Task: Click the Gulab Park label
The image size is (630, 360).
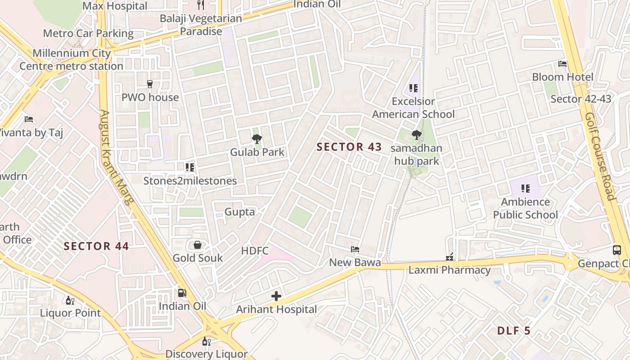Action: pos(257,152)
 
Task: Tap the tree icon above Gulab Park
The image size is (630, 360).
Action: pos(257,139)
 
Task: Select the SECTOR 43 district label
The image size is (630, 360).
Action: pos(349,147)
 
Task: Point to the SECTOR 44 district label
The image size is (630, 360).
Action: pos(96,246)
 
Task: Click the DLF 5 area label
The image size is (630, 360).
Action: pos(514,331)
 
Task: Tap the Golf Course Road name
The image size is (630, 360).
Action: pos(599,156)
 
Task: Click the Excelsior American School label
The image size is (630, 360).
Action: pos(413,108)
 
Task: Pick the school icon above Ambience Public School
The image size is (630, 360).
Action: pos(525,189)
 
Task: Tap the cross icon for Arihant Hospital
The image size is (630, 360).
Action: pos(276,296)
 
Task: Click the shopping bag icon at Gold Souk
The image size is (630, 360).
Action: pos(197,245)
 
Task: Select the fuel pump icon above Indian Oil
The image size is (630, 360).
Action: pos(182,293)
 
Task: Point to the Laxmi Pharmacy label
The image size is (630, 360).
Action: pos(449,270)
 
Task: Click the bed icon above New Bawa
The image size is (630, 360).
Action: pos(355,249)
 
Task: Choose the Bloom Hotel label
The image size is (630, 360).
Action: pos(562,77)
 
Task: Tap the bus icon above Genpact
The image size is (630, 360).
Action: pos(617,250)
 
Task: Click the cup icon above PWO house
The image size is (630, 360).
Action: pos(150,84)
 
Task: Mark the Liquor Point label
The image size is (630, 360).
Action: pos(71,313)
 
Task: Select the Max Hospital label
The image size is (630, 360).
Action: pos(115,6)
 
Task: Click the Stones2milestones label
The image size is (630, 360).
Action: pos(190,181)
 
